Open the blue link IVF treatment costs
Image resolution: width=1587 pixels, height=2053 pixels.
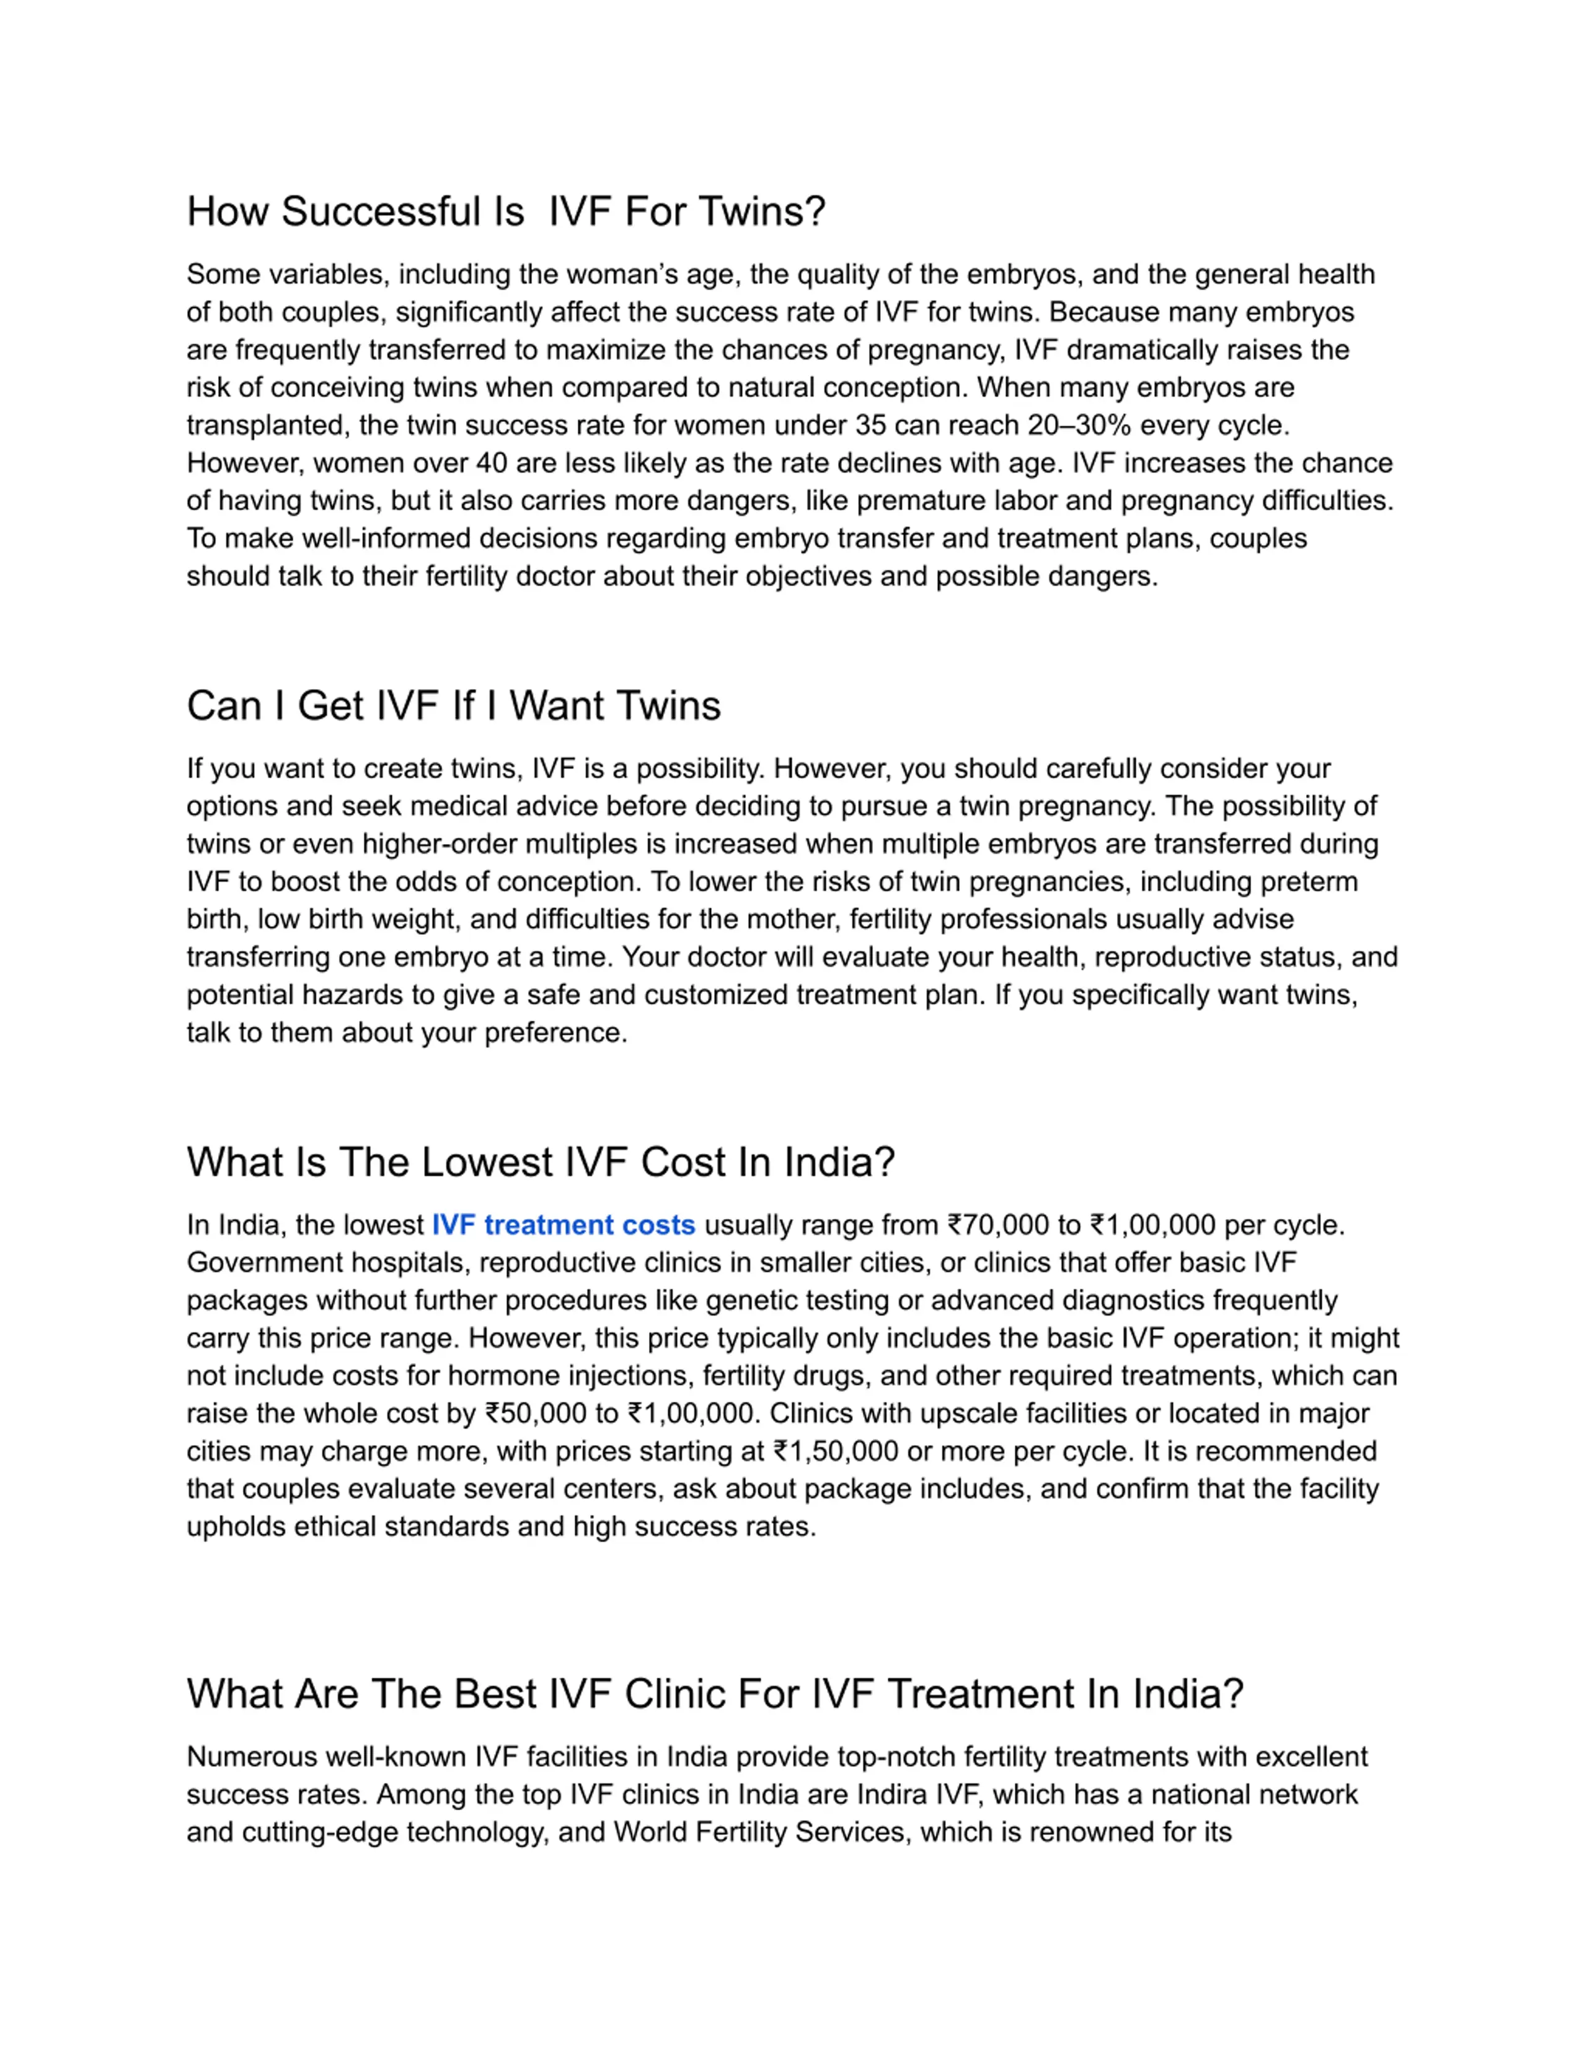click(563, 1225)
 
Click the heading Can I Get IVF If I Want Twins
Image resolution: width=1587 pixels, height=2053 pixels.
click(453, 706)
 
